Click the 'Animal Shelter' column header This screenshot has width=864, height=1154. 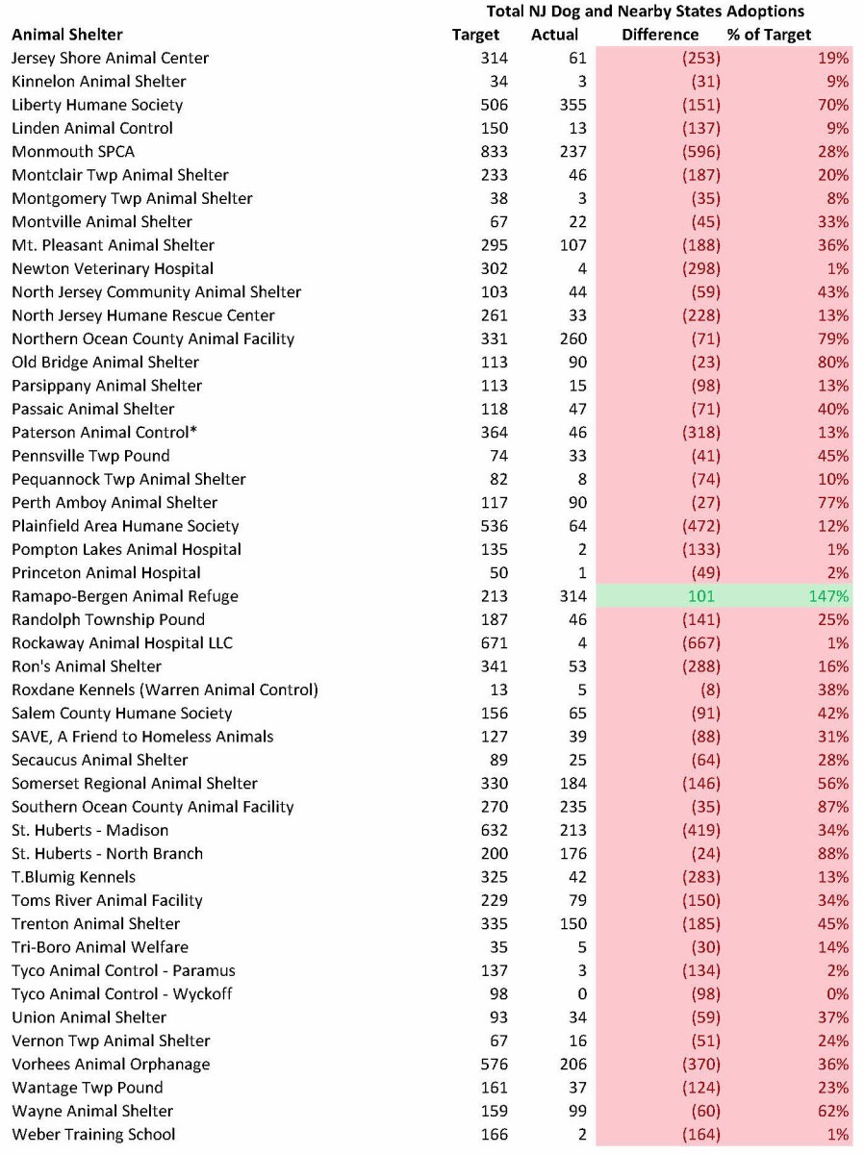[67, 35]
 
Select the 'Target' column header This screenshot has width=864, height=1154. [475, 35]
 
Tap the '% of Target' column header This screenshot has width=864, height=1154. [770, 35]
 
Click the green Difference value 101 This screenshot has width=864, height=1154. [700, 596]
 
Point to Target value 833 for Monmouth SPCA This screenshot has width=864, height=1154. [494, 152]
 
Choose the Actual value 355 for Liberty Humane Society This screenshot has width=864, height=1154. [572, 105]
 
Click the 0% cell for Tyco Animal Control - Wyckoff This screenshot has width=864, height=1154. [837, 994]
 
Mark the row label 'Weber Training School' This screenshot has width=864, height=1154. [93, 1135]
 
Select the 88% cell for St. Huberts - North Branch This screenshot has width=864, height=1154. [833, 854]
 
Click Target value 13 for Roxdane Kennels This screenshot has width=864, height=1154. [498, 690]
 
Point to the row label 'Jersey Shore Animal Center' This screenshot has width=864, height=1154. [110, 58]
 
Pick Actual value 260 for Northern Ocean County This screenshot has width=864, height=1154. [572, 339]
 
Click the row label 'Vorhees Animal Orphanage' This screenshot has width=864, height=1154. [111, 1065]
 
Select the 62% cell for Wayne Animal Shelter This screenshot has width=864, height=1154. [833, 1111]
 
